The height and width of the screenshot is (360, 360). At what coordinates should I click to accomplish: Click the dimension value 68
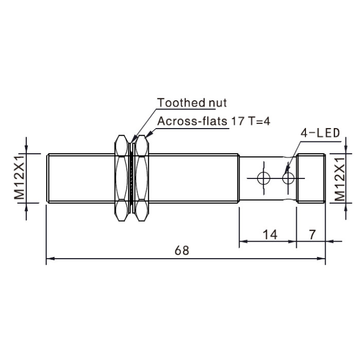[182, 250]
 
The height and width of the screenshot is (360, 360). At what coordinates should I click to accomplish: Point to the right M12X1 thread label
[339, 179]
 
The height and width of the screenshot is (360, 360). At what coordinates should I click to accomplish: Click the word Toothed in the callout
[182, 103]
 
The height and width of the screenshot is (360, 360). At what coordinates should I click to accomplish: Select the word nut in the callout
[218, 103]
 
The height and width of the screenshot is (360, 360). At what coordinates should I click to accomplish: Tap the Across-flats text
[192, 121]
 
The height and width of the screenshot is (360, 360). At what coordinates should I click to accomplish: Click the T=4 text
[259, 121]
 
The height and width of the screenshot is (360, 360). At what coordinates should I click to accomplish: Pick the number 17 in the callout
[238, 121]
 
